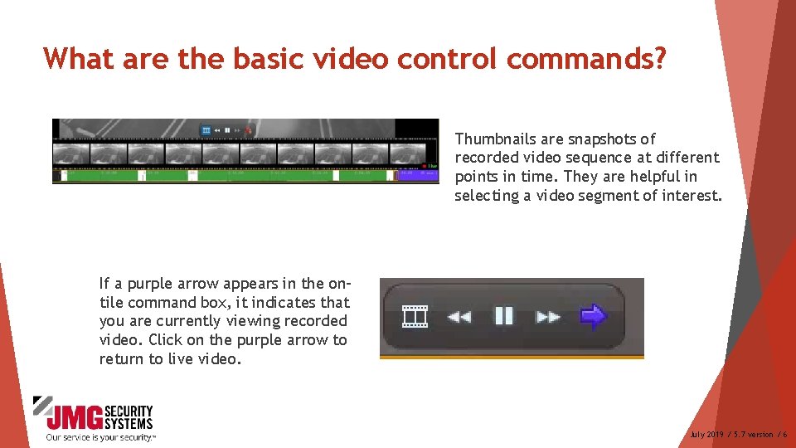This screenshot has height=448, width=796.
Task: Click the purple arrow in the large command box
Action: click(x=593, y=316)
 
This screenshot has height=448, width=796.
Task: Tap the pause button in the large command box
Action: click(x=504, y=316)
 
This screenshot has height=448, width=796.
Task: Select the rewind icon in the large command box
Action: click(x=459, y=316)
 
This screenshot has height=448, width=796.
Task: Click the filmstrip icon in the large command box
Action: click(x=415, y=316)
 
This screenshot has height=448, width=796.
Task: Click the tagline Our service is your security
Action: click(x=99, y=437)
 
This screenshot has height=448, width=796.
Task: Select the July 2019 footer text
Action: click(x=707, y=435)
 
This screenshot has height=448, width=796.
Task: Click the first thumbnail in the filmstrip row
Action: click(x=70, y=153)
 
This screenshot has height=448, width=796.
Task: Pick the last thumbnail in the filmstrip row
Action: click(x=407, y=153)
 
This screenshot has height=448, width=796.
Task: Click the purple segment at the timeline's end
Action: click(x=406, y=175)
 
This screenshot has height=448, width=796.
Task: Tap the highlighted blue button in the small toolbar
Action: click(x=206, y=130)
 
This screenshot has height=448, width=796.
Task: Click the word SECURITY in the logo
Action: click(x=133, y=411)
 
